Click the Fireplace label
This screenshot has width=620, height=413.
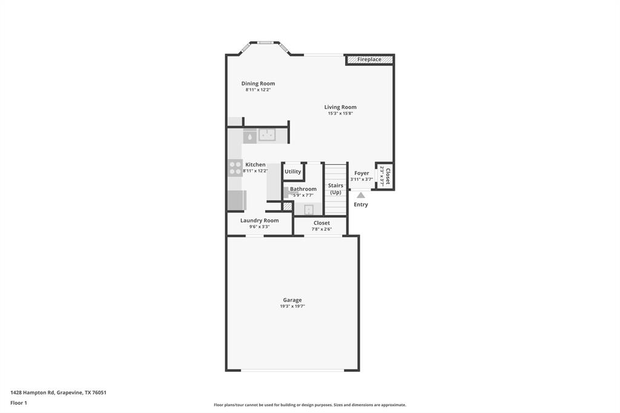pos(369,59)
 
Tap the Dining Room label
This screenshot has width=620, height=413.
pos(258,84)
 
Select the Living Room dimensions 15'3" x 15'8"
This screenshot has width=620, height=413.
pos(340,113)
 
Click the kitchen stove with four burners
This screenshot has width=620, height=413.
pos(235,167)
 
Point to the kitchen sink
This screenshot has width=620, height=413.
pos(267,135)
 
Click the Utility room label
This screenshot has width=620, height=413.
pos(292,171)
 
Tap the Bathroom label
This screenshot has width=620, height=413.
pos(303,189)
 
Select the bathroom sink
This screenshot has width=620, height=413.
pos(309,210)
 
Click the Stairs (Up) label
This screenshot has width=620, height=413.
pos(335,189)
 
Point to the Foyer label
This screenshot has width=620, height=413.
pos(361,173)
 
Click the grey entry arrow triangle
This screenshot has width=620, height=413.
pos(361,195)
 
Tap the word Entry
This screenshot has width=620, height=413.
pos(361,205)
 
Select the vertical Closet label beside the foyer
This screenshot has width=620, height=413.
pos(387,176)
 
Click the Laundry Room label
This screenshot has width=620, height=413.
pos(259,220)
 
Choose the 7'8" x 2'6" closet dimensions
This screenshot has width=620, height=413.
pos(322,229)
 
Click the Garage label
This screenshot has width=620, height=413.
pos(292,300)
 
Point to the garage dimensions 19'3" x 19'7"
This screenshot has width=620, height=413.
pos(292,306)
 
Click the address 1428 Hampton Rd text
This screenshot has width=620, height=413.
pos(58,392)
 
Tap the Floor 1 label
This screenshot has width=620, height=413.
pos(19,403)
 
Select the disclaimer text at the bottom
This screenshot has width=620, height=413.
pos(309,405)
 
